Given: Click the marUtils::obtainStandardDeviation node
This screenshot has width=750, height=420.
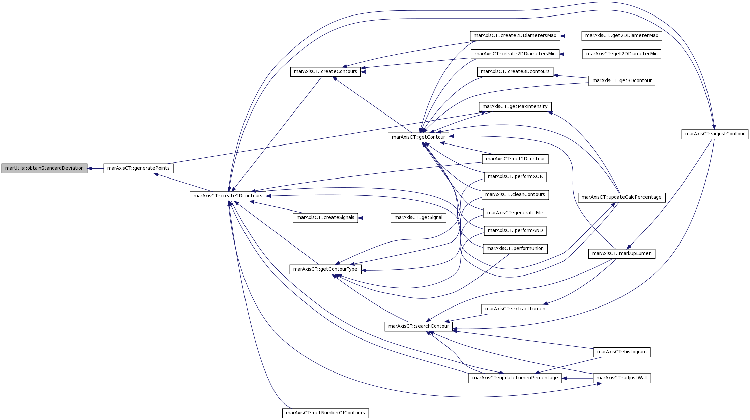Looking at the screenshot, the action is [45, 168].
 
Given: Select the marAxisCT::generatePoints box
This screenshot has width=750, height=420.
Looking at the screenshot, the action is [138, 168].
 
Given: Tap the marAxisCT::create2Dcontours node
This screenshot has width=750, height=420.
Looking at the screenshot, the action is [228, 196].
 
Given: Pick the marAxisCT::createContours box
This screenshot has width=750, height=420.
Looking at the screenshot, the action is [325, 72].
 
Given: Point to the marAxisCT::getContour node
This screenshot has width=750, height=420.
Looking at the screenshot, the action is [419, 137].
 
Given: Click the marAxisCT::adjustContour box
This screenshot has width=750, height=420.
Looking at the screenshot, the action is [715, 134].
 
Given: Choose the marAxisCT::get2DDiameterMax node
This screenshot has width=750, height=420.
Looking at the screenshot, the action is [622, 36].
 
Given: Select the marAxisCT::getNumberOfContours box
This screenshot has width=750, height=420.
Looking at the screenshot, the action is [325, 413].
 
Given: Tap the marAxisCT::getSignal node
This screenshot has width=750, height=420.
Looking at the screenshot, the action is [419, 218].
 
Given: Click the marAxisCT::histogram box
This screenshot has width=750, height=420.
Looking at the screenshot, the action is [622, 352].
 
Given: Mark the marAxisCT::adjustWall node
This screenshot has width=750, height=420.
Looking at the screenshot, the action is [622, 378].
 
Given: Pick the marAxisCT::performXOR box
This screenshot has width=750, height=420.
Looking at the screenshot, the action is [515, 177].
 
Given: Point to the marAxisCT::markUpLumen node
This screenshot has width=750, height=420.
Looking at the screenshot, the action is [622, 254].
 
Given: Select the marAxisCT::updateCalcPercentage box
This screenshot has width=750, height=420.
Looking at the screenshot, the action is [622, 197].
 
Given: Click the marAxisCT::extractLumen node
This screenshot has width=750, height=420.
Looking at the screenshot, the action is [515, 309].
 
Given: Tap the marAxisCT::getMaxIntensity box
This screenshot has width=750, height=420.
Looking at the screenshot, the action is [515, 107].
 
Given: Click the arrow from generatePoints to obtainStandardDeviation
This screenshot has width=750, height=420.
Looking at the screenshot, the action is [95, 168].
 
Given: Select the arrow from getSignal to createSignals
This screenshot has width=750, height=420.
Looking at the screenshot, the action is [374, 218].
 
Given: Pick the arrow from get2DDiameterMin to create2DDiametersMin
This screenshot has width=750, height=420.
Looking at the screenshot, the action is [571, 54].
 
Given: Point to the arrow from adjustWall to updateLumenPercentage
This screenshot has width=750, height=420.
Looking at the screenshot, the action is [577, 378].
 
